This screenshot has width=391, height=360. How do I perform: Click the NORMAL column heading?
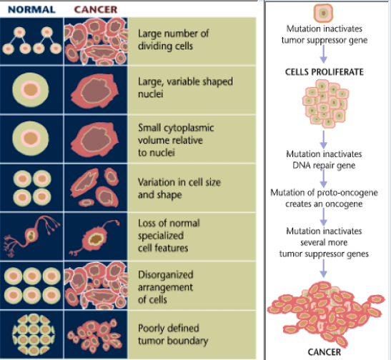[x=31, y=9]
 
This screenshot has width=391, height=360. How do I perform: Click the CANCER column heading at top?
[x=96, y=9]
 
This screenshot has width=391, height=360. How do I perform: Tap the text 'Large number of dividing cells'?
[x=173, y=40]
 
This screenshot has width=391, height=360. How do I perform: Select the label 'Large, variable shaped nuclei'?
[x=185, y=88]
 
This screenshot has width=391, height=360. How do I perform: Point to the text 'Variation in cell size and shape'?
[x=179, y=189]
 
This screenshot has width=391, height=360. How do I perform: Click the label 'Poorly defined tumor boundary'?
[x=173, y=334]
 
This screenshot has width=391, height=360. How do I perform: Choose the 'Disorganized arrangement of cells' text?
[x=166, y=287]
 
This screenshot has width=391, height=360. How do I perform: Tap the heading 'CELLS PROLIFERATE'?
[x=325, y=72]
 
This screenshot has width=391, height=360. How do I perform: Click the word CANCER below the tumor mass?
[x=325, y=352]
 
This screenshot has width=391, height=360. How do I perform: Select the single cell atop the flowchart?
[x=323, y=13]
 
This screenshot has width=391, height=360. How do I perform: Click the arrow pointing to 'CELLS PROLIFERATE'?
[x=323, y=54]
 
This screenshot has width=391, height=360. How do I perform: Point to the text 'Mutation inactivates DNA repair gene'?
[x=324, y=160]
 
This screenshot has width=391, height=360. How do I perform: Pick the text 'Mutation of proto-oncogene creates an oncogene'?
[x=324, y=199]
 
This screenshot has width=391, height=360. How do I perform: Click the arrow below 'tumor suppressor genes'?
[x=323, y=269]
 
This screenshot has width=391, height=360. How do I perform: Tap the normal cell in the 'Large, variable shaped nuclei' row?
[x=31, y=90]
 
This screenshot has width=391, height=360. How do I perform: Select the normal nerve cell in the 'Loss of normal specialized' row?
[x=31, y=236]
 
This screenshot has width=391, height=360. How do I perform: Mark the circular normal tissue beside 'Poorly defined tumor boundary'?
[x=34, y=334]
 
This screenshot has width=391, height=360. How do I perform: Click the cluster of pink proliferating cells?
[x=325, y=104]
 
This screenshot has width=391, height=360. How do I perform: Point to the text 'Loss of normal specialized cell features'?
[x=169, y=236]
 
